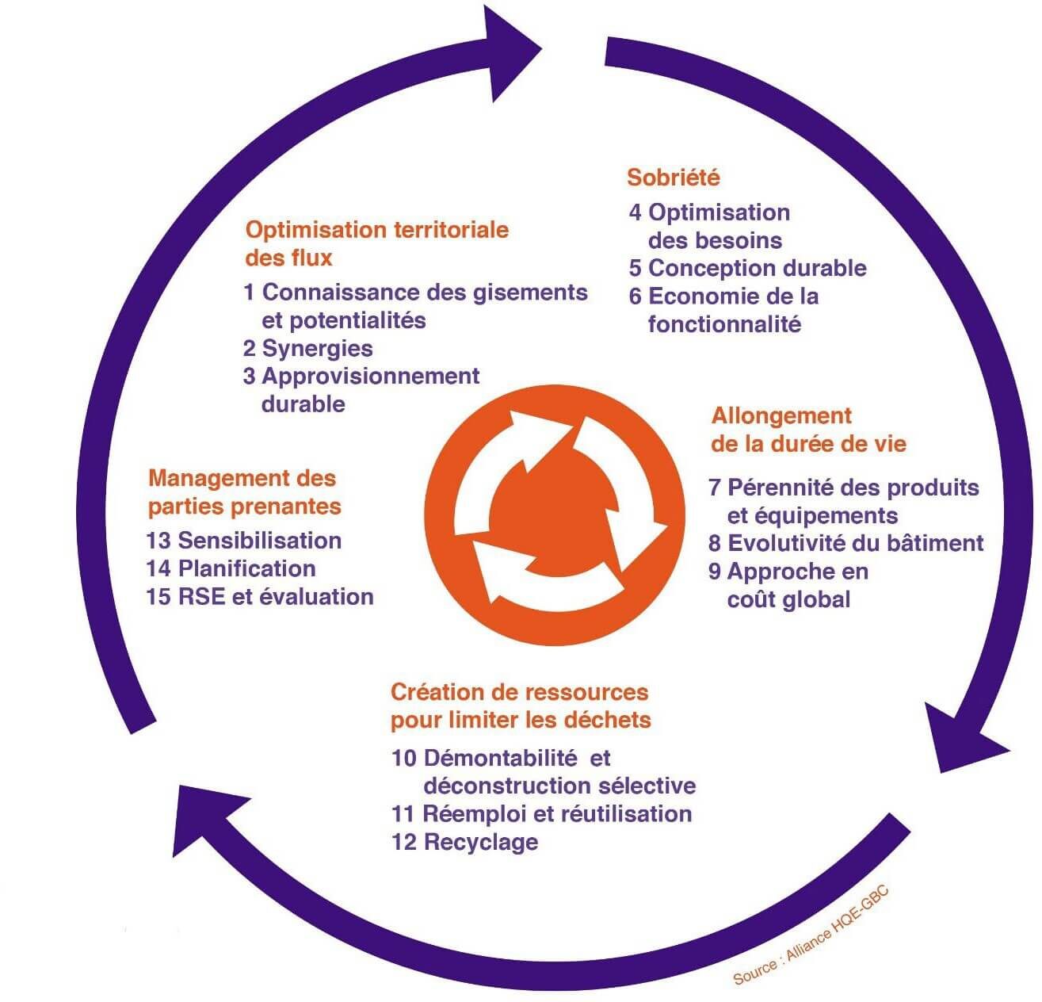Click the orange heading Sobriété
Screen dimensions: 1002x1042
[674, 177]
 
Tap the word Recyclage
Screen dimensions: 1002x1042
[481, 842]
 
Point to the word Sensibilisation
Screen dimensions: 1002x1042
[260, 541]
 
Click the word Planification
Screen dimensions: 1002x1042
[246, 568]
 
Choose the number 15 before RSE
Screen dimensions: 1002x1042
[158, 597]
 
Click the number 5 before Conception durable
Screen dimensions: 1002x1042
[635, 269]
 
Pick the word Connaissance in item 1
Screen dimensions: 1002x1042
[340, 293]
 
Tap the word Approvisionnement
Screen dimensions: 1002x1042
[371, 376]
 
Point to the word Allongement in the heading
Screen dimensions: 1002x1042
[781, 416]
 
